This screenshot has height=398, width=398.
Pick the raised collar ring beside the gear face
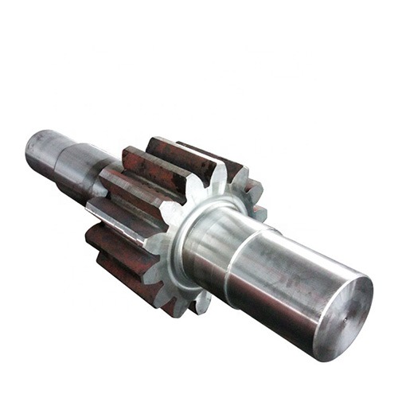click(x=191, y=239)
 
